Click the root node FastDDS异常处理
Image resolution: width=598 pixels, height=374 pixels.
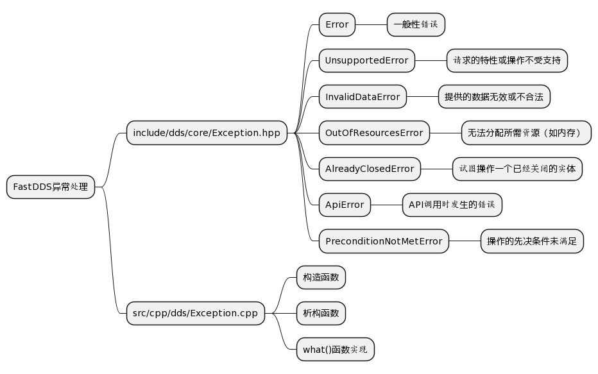tap(51, 187)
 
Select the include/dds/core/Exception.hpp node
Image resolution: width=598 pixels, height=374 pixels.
tap(207, 133)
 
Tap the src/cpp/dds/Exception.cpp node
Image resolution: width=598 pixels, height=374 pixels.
tap(196, 314)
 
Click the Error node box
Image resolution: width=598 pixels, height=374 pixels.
tap(337, 25)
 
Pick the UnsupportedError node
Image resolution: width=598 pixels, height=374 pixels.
tap(367, 60)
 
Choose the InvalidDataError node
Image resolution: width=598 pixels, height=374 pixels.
tap(363, 97)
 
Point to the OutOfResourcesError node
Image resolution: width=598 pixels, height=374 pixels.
tap(374, 133)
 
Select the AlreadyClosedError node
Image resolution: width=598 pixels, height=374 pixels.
tap(370, 169)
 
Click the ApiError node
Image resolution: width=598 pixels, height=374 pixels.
tap(345, 205)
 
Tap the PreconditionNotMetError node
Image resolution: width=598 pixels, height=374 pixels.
tap(384, 241)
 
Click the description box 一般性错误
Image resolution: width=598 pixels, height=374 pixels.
tap(416, 25)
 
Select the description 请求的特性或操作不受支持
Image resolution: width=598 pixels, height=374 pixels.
tap(507, 60)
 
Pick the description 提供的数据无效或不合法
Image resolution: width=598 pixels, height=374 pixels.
tap(493, 97)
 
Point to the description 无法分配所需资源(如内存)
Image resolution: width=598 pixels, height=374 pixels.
tap(525, 133)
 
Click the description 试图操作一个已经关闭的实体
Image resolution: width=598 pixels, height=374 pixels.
tap(517, 169)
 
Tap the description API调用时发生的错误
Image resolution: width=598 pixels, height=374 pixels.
tap(452, 205)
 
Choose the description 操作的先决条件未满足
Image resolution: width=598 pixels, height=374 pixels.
tap(532, 241)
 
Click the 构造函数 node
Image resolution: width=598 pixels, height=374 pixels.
tap(321, 278)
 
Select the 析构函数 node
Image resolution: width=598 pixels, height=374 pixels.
tap(321, 314)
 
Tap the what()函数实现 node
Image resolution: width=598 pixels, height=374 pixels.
tap(335, 350)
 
